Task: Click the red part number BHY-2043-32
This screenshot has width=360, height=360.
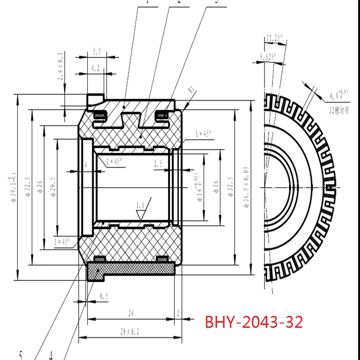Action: coord(254,322)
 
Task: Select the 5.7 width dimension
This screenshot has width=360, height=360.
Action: coord(96,51)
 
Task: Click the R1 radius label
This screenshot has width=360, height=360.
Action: coord(191,89)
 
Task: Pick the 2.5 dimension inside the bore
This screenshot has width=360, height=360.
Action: coord(158,164)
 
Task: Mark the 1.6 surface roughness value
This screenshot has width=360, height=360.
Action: coord(140,205)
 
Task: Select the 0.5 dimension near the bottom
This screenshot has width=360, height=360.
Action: coord(104,297)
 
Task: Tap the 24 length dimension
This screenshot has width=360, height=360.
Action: coord(130,312)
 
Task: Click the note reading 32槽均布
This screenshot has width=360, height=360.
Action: coord(339,110)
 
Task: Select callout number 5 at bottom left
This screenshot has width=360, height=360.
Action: coord(21,355)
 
